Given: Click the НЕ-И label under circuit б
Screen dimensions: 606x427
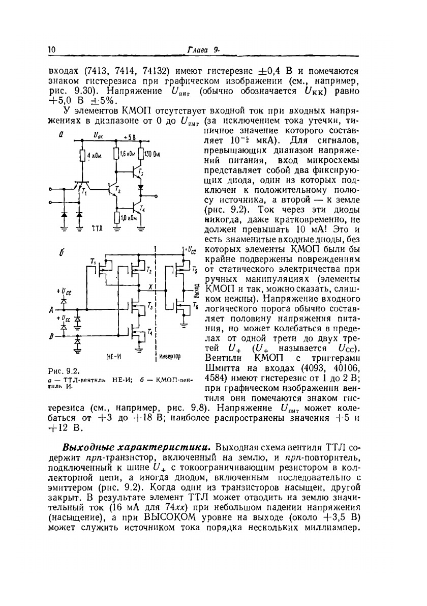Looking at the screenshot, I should [113, 357].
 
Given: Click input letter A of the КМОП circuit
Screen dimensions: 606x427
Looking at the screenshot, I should [50, 309].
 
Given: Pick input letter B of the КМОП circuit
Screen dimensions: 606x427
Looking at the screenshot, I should [50, 336].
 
